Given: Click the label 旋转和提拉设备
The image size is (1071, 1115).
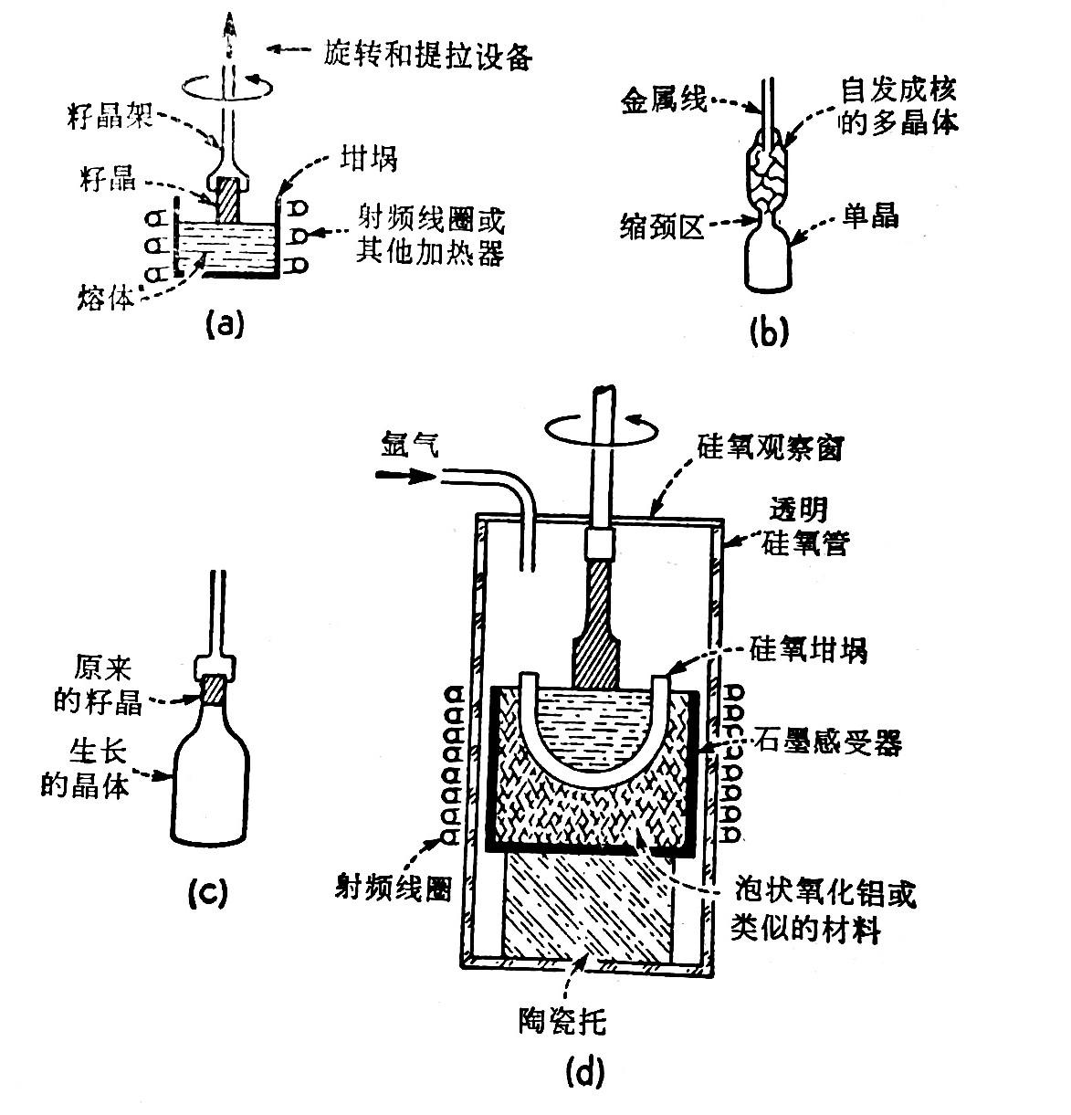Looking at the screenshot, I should (x=428, y=56).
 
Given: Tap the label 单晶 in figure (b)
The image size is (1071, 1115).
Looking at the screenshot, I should (x=870, y=216).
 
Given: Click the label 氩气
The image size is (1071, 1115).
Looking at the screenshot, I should (x=409, y=446).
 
